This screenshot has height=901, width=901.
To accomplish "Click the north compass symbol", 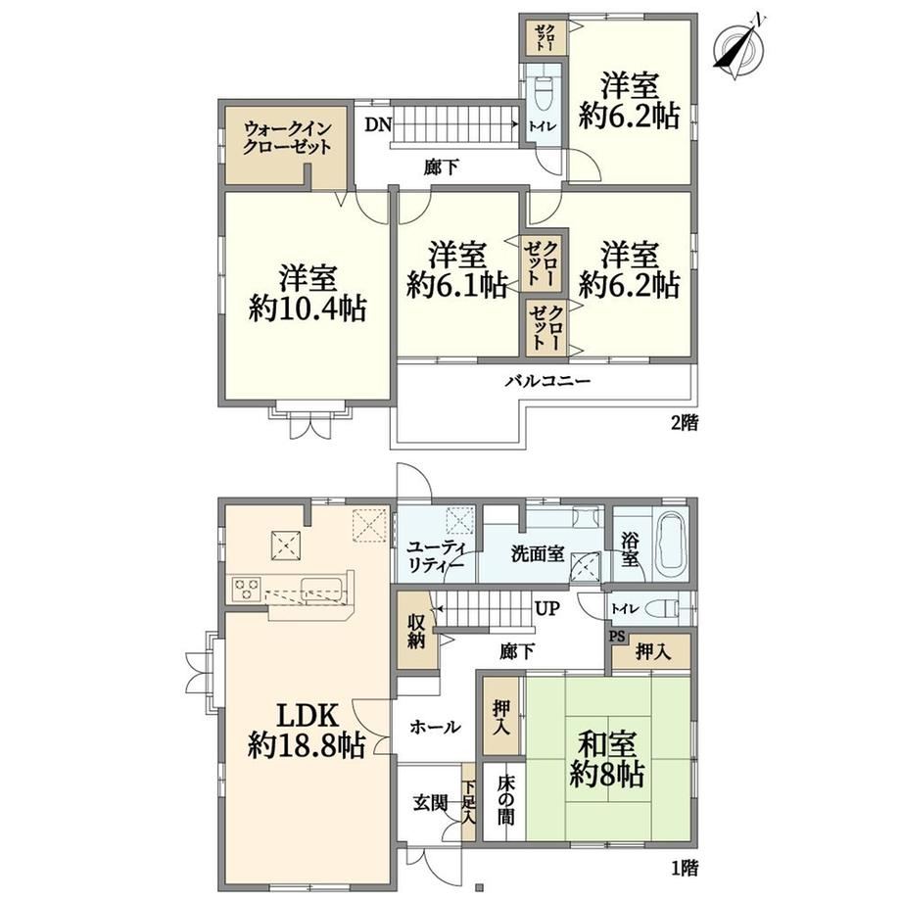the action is [739, 47].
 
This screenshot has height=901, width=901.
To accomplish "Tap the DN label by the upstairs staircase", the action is [378, 125].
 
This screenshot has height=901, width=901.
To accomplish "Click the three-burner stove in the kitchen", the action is [246, 590].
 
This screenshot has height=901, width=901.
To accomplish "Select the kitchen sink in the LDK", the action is [321, 590].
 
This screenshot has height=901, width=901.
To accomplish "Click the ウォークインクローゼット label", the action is [287, 137].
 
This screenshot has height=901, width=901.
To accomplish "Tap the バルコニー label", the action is [547, 381].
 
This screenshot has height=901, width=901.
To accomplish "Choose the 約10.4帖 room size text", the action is [308, 310].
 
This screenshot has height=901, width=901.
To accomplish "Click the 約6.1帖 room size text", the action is [456, 285].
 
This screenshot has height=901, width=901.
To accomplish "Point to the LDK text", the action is [308, 715].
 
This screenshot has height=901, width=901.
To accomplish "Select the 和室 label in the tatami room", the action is [607, 744].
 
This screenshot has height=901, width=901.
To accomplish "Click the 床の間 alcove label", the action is [505, 799].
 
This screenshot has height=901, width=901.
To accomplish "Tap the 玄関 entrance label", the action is [430, 803].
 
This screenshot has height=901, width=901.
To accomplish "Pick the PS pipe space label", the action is [617, 637].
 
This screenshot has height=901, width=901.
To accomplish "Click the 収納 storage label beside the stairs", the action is [415, 632].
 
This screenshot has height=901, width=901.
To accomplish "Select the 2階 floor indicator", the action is [685, 423].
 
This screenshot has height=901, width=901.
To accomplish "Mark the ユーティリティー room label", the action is [436, 555].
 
